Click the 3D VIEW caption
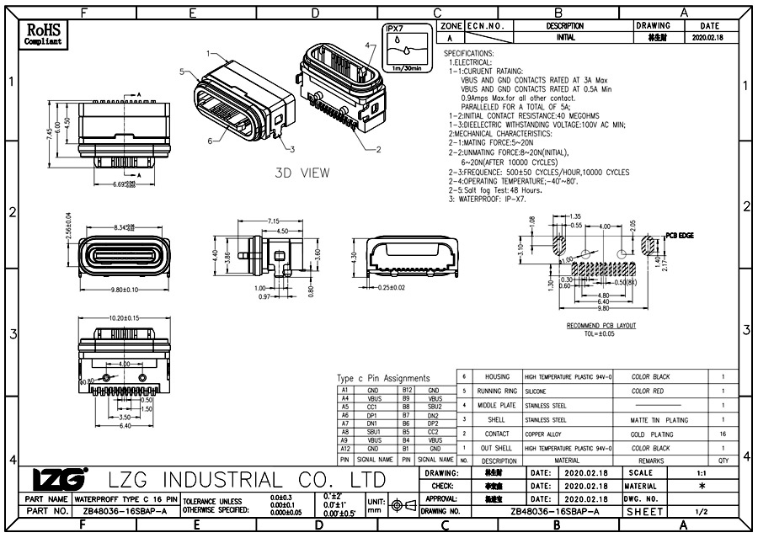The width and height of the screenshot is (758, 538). click(x=302, y=173)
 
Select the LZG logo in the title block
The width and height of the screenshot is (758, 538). click(x=58, y=479)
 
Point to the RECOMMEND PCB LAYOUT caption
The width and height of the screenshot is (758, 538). click(x=601, y=325)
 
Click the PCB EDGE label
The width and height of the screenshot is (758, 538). click(x=679, y=236)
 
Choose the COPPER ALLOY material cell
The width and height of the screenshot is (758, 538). click(x=545, y=434)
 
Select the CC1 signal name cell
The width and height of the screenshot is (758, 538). click(x=371, y=407)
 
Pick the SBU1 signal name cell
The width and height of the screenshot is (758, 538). click(x=371, y=431)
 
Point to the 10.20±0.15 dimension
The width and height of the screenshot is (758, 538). click(x=124, y=318)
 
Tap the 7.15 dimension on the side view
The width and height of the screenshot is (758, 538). click(x=273, y=221)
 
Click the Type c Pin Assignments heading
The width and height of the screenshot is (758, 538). click(x=383, y=378)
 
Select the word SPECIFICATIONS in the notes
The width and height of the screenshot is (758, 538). click(x=469, y=53)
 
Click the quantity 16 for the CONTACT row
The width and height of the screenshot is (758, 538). click(x=723, y=434)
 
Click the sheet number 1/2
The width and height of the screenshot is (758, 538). click(x=701, y=511)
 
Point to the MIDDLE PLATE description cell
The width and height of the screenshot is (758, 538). click(x=497, y=405)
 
